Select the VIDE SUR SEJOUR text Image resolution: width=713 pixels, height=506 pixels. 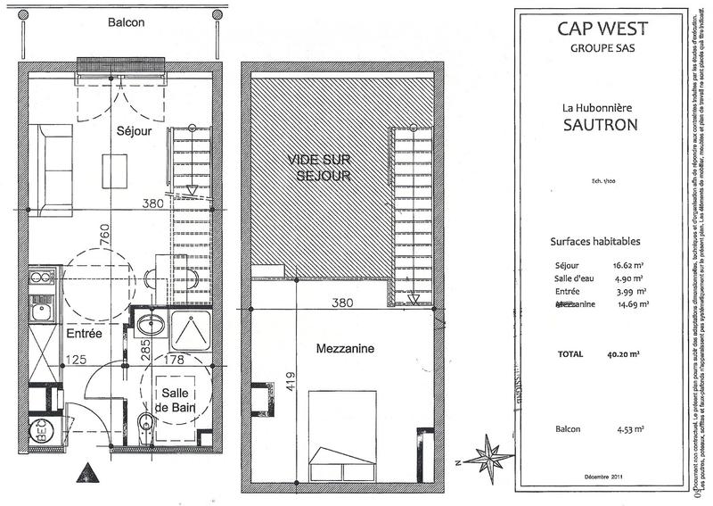(318, 166)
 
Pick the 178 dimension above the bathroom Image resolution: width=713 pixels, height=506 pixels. (174, 361)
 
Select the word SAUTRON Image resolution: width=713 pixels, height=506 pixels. (599, 124)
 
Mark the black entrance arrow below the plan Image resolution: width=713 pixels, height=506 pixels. (85, 471)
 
